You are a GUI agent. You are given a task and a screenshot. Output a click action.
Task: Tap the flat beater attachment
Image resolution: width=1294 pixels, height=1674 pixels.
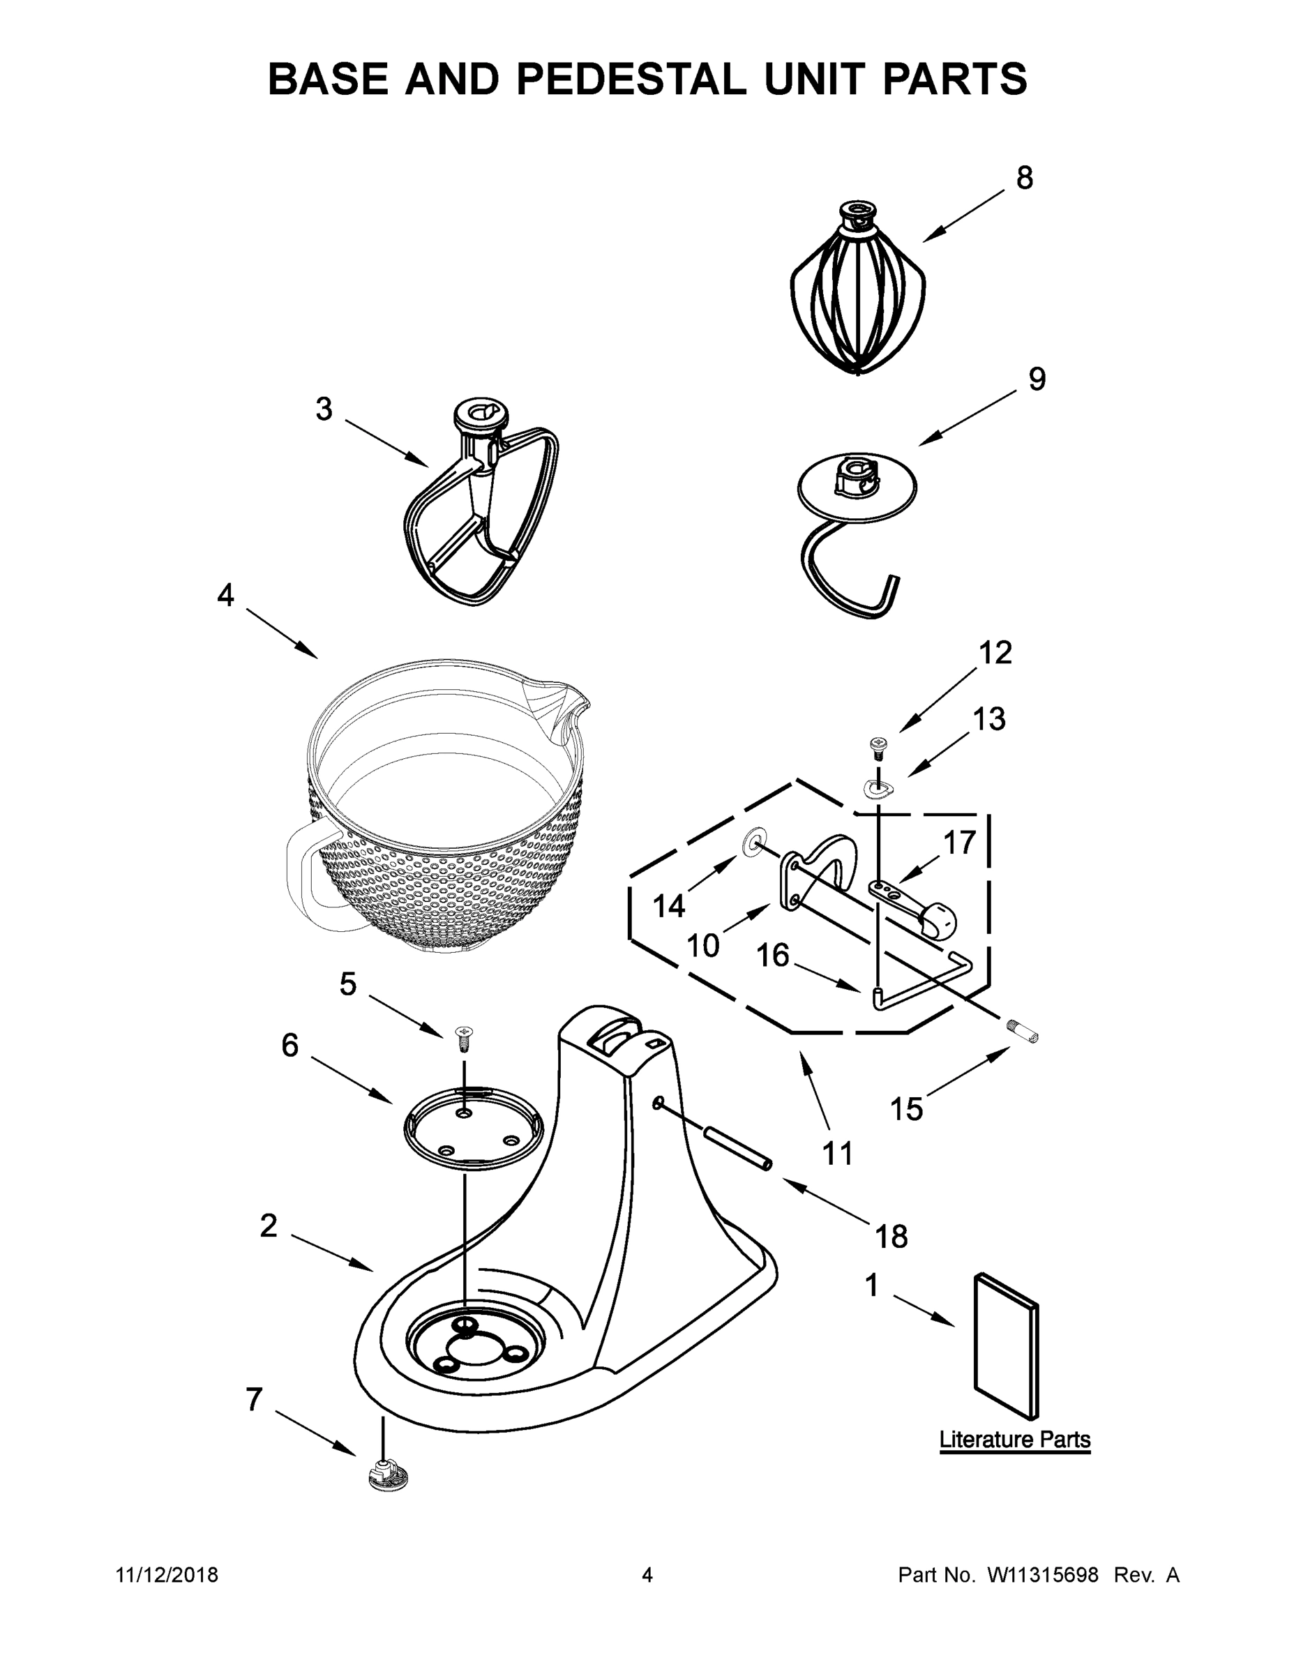[x=481, y=510]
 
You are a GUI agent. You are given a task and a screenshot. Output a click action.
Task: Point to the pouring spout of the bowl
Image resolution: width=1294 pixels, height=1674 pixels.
[x=565, y=705]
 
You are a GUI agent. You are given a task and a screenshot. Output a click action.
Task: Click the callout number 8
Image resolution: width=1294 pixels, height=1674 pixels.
[x=1024, y=178]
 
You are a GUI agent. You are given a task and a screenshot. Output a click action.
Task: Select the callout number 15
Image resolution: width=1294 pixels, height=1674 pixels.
[x=906, y=1108]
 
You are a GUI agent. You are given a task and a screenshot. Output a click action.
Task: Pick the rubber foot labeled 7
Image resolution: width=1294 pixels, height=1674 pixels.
[x=389, y=1475]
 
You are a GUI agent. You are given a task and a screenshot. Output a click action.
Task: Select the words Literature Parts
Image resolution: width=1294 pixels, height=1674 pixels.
[x=1014, y=1440]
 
